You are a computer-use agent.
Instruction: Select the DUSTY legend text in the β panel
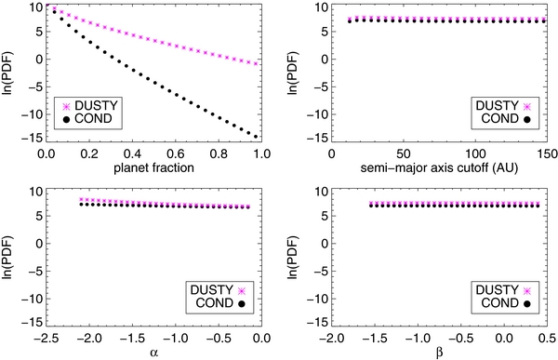point(495,289)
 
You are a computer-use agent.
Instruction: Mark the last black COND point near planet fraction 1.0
point(256,137)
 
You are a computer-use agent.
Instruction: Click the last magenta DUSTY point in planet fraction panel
point(256,63)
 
